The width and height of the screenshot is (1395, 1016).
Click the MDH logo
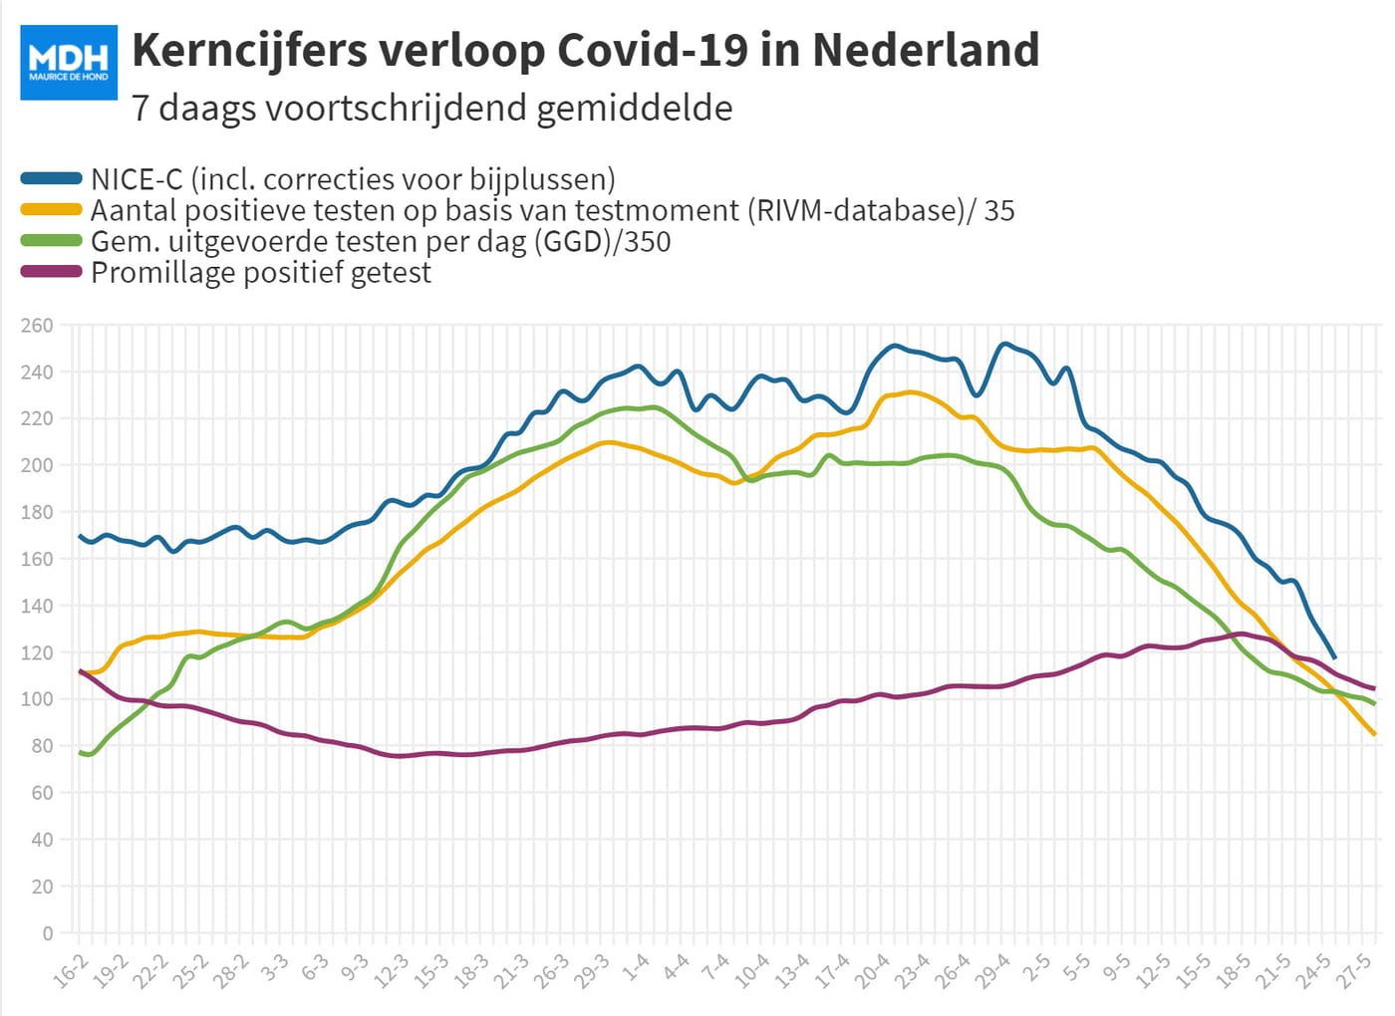point(69,62)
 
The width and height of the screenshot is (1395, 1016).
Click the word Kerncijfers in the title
point(250,51)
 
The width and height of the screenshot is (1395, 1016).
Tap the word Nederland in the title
point(926,50)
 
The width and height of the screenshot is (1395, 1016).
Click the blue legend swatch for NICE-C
point(51,178)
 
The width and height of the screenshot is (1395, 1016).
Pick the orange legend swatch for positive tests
point(51,210)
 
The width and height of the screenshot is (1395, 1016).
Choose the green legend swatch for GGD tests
point(51,240)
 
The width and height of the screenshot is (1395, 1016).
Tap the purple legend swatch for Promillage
point(51,271)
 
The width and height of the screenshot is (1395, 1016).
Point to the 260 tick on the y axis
point(38,325)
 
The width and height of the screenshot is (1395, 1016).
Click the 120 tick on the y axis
point(38,652)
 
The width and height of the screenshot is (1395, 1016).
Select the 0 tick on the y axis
point(48,933)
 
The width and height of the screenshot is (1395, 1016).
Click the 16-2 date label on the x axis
point(70,971)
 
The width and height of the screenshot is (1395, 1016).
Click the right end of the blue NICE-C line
point(1334,657)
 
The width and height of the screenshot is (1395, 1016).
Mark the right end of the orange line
point(1374,734)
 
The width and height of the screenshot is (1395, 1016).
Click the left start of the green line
point(80,753)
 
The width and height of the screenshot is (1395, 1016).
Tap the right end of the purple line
point(1374,688)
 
